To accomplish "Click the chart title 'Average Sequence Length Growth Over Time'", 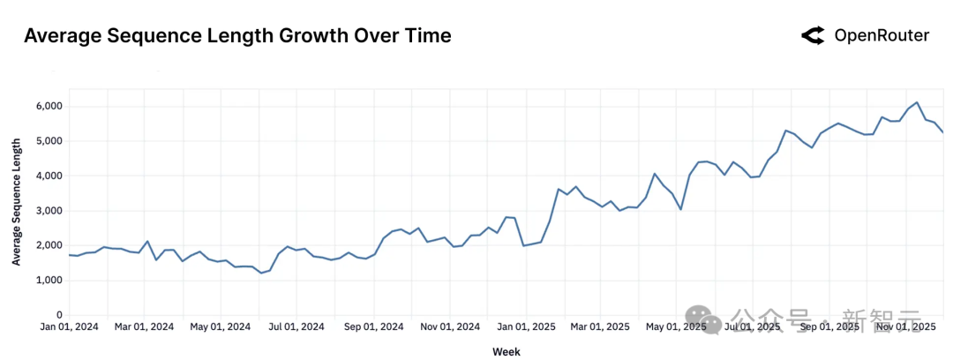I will click(237, 36).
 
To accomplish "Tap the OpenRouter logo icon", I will click(813, 36).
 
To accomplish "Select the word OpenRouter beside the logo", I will click(882, 36).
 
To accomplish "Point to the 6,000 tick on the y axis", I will click(49, 106).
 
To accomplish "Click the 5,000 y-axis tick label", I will click(49, 141).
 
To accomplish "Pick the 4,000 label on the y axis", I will click(49, 176).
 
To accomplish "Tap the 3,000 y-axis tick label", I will click(49, 211).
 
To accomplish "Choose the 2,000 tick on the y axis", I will click(49, 245).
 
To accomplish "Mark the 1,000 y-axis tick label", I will click(49, 281).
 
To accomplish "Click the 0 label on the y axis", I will click(59, 315).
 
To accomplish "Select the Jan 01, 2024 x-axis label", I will click(70, 327).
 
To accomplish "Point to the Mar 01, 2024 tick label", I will click(145, 327).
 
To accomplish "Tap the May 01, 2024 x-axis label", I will click(221, 327).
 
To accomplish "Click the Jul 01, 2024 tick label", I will click(297, 327).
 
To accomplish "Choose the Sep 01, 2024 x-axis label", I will click(374, 327).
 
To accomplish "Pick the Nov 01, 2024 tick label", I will click(451, 327).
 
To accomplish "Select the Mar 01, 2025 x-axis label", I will click(600, 327).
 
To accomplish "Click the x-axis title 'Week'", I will click(507, 351).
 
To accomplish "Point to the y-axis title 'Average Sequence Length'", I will click(17, 208).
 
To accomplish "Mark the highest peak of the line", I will click(917, 102).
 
